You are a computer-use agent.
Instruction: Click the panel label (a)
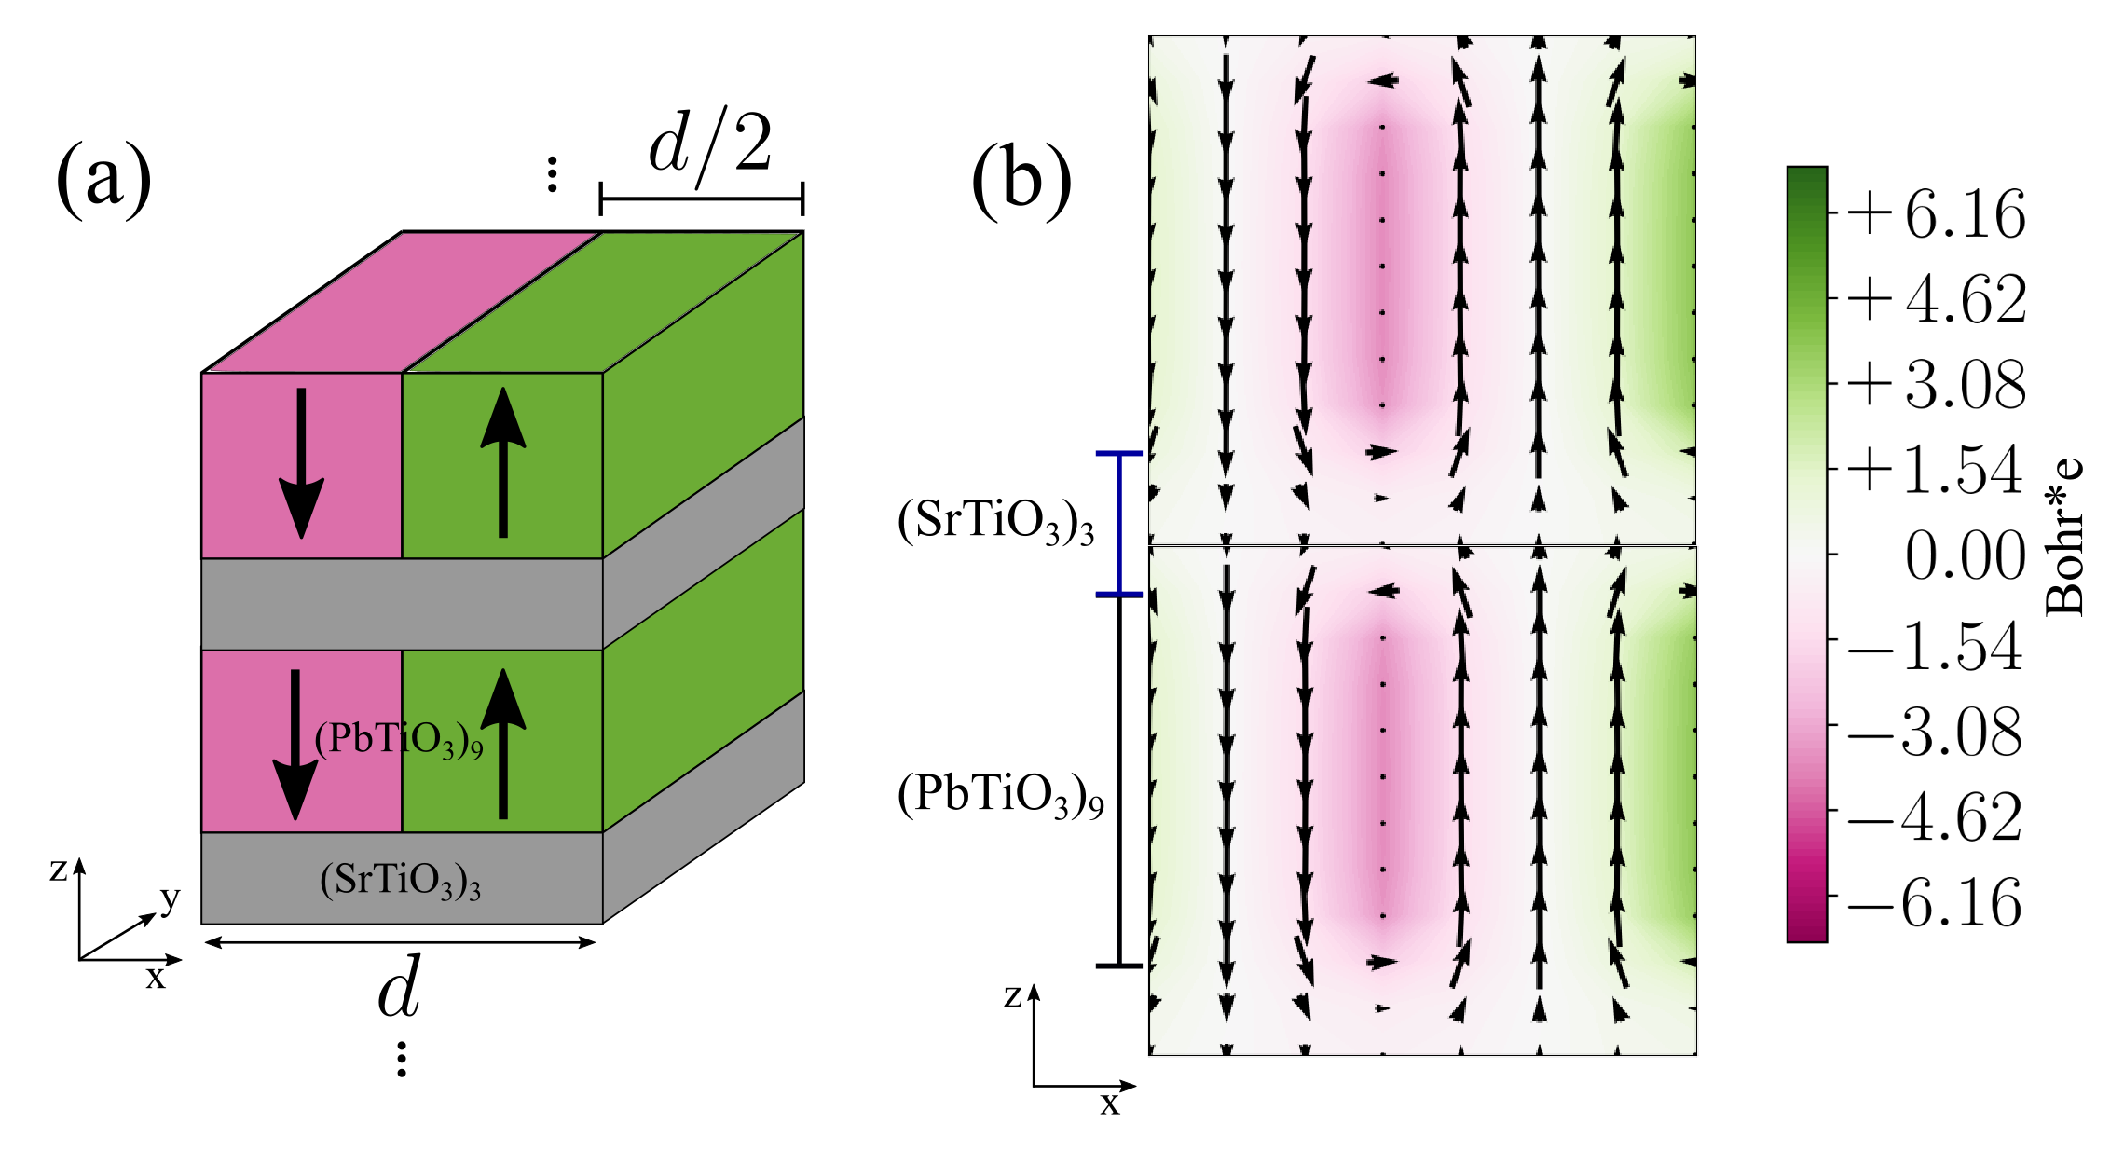103,179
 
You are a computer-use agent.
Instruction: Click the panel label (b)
1021,179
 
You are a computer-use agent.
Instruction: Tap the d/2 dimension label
710,146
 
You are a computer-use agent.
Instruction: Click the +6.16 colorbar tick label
1935,214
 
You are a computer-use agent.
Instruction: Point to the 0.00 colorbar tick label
1964,556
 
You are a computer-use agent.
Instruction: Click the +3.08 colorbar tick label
1935,385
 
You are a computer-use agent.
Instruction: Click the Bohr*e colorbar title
2063,538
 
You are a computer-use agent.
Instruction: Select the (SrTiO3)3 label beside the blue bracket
995,522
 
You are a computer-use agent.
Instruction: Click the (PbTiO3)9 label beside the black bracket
1000,797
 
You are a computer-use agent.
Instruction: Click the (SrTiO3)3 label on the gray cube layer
400,881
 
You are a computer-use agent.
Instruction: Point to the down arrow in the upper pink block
301,462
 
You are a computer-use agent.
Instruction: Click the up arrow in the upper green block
503,462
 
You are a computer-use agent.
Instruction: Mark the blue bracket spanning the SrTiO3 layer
1119,524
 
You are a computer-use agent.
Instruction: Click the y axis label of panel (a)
170,898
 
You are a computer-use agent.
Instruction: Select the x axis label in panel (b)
1109,1104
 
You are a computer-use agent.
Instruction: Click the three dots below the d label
402,1059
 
